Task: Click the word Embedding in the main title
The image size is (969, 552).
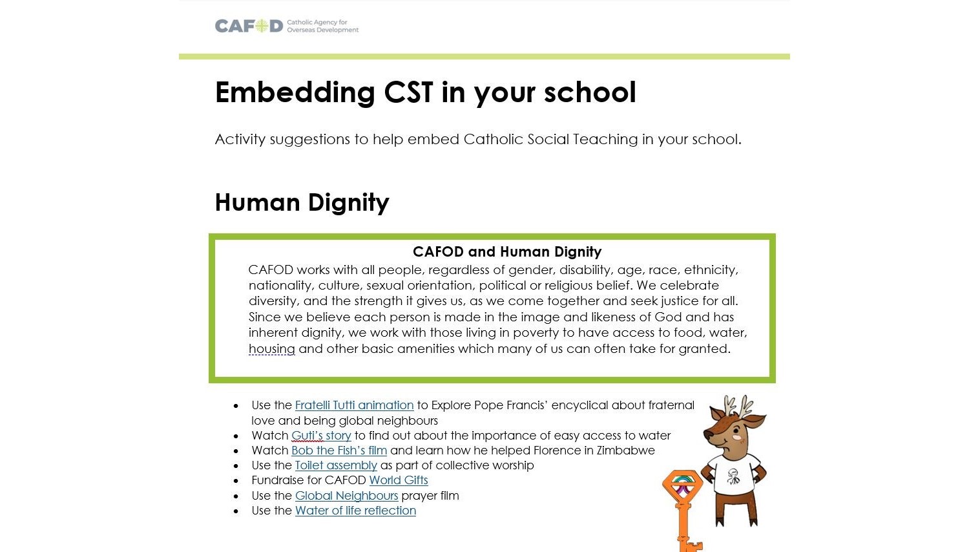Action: (x=295, y=92)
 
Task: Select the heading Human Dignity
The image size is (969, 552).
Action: (x=302, y=202)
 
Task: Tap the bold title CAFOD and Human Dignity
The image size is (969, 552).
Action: (x=506, y=251)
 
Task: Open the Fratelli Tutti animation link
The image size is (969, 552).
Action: (x=354, y=405)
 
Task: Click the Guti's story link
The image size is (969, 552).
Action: (x=321, y=436)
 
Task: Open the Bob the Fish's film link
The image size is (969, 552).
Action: (x=339, y=451)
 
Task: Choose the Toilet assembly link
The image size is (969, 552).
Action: (x=336, y=465)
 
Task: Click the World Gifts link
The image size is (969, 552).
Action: (x=399, y=480)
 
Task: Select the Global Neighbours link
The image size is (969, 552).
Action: (x=346, y=496)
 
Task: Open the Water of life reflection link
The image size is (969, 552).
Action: (x=355, y=511)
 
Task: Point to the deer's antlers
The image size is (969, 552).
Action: (x=737, y=407)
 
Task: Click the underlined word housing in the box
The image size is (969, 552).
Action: (x=271, y=349)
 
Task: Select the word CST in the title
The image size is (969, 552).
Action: (x=408, y=92)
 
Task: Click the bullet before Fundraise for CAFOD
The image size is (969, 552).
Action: (x=236, y=481)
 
